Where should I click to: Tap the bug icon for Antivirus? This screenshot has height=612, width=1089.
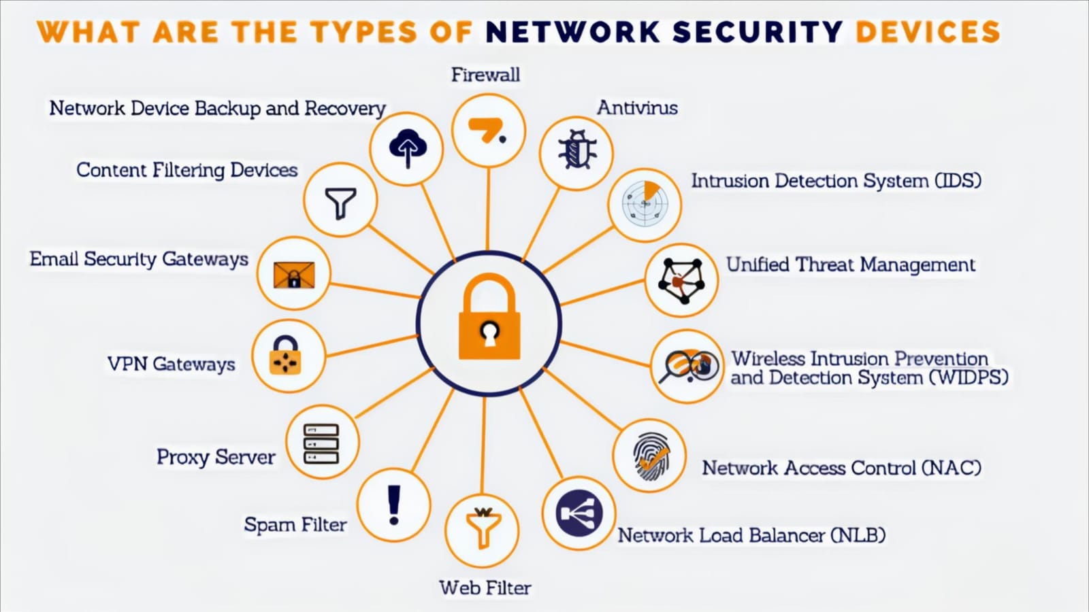tap(576, 150)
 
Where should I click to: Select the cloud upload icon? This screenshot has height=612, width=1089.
tap(407, 148)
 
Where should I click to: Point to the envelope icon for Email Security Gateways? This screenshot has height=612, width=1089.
tap(293, 275)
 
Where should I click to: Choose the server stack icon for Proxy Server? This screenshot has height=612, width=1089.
tap(321, 443)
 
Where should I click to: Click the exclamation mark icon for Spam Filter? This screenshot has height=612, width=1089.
tap(393, 505)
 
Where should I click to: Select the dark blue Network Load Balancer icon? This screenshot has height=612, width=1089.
tap(579, 513)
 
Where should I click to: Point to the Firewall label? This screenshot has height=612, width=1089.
tap(485, 75)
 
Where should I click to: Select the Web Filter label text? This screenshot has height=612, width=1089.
tap(485, 588)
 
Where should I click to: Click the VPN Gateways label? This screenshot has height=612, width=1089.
tap(171, 364)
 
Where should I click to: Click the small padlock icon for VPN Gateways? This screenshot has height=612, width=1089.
tap(285, 356)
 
